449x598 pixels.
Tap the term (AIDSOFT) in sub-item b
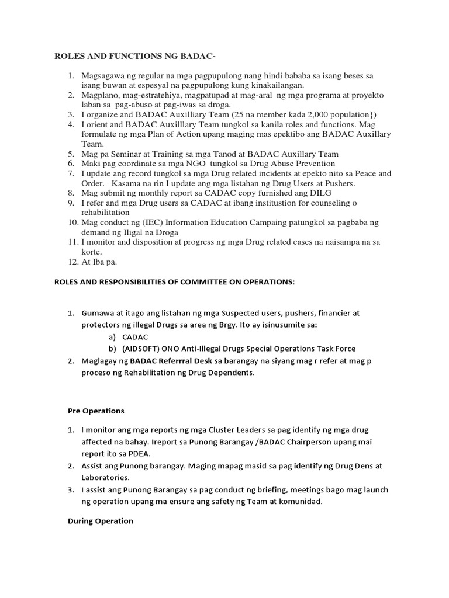coord(144,349)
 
